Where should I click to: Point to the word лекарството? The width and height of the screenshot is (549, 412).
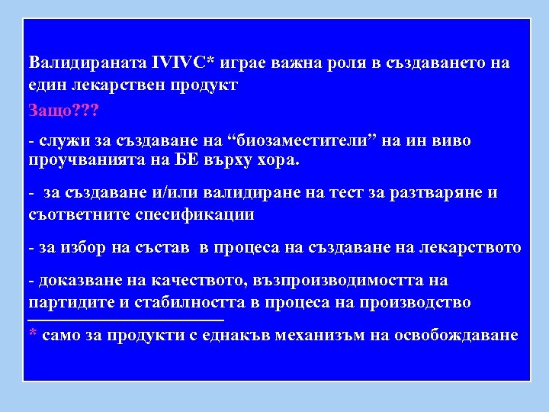475,247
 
